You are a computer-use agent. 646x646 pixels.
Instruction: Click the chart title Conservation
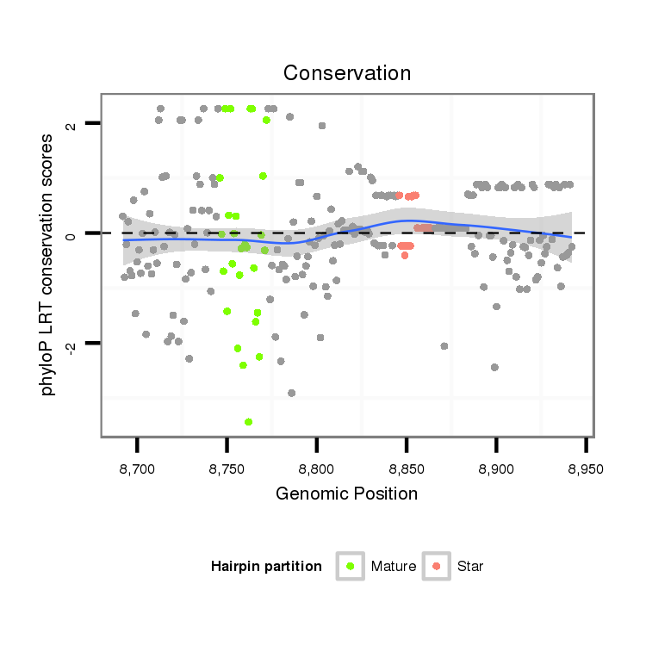[347, 73]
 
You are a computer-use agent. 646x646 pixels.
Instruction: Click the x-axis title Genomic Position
[347, 494]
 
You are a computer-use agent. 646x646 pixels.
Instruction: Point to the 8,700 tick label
[137, 469]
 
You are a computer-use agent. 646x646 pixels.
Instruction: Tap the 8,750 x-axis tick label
[227, 469]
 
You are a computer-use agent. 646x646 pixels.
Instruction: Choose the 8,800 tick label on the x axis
[317, 469]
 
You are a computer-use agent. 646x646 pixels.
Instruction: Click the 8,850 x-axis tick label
[407, 469]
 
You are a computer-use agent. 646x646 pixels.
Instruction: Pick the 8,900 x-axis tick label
[496, 469]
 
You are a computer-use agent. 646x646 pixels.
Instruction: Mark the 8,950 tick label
[586, 469]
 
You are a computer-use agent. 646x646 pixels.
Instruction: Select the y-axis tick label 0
[71, 233]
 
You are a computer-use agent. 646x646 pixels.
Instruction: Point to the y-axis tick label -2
[71, 345]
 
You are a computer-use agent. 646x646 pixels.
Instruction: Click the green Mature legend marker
[351, 566]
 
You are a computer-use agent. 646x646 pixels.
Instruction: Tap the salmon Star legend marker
[437, 566]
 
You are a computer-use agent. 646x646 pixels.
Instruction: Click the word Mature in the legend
[394, 567]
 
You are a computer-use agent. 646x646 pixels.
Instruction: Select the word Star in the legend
[471, 567]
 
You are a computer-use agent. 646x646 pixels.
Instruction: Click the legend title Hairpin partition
[266, 567]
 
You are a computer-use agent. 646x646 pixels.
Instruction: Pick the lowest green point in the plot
[248, 421]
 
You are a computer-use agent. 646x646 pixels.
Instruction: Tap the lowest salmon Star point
[405, 255]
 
